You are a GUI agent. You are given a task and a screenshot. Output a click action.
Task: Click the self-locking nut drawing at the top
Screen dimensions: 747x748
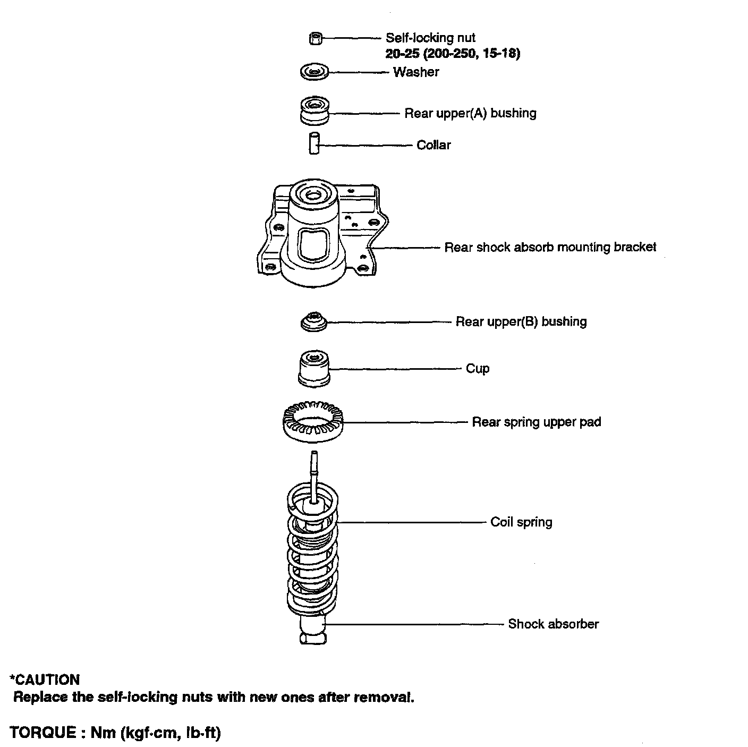[314, 38]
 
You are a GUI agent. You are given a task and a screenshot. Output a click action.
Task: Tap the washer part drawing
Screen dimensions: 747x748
[314, 72]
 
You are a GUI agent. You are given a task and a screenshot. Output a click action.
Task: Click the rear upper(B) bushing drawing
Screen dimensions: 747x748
[313, 322]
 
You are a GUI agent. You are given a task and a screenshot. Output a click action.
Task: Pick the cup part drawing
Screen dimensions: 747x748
[313, 368]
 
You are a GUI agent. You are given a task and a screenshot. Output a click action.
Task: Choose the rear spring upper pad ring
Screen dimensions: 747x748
[312, 422]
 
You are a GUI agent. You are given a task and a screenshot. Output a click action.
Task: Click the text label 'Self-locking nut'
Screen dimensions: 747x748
[430, 38]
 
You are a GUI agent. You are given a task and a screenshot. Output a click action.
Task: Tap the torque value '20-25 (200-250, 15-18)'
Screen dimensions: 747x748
[453, 53]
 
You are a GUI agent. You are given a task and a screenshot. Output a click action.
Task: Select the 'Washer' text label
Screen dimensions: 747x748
[416, 72]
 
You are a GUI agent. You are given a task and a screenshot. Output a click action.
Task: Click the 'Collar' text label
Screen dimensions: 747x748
[433, 145]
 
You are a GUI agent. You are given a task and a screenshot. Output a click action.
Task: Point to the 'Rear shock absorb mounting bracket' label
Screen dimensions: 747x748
[550, 247]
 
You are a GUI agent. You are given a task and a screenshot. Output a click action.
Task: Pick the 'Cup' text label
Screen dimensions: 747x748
[478, 369]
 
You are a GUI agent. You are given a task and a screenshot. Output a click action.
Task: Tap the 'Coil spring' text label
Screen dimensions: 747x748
[521, 522]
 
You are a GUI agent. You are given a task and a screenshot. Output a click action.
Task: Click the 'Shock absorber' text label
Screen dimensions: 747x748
[553, 624]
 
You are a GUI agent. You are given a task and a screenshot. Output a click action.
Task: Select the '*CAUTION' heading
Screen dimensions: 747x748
[45, 680]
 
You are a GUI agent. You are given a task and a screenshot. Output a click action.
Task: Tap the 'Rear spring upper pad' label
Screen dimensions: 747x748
[537, 422]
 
